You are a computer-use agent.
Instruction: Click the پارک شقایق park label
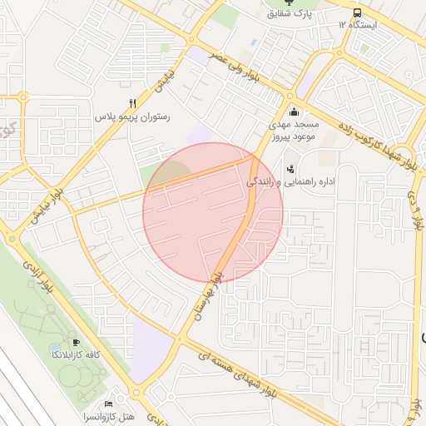coord(289,14)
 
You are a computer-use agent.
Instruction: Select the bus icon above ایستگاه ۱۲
coord(357,12)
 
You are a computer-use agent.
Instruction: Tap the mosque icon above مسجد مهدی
coord(293,112)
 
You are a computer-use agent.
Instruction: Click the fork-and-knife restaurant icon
coord(131,103)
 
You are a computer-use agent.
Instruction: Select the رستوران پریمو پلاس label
coord(132,117)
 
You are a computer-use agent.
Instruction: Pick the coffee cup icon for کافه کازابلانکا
coord(77,342)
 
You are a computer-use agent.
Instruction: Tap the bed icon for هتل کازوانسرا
coord(109,393)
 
